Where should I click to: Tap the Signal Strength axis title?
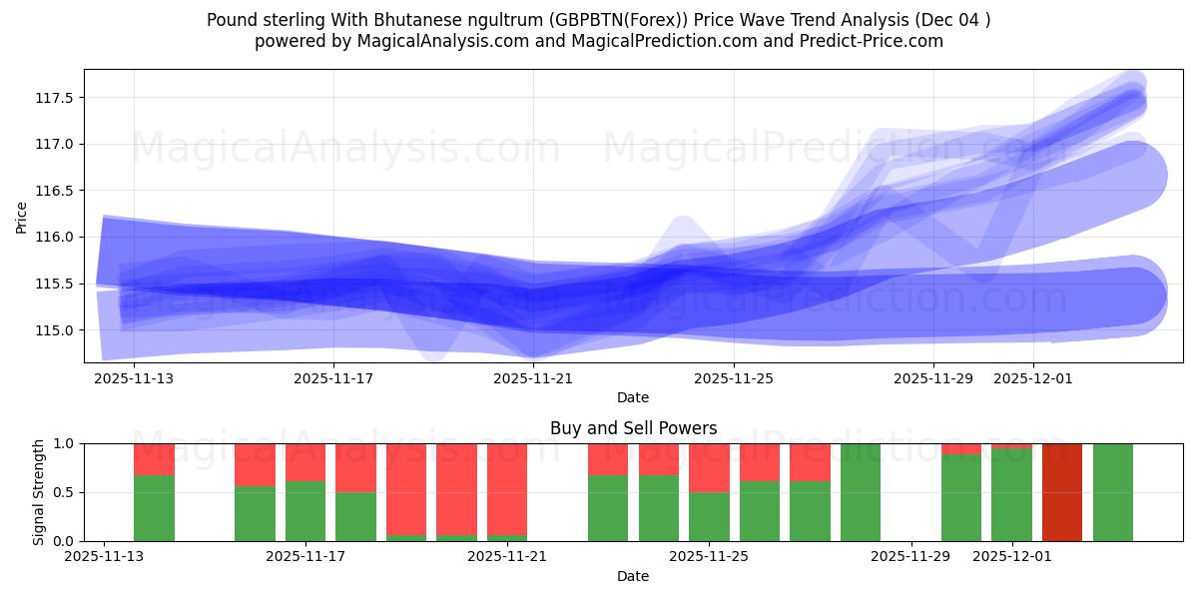39,492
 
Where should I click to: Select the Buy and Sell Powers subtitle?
633,428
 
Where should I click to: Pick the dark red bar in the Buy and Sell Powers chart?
1062,492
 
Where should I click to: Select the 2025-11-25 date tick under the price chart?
734,378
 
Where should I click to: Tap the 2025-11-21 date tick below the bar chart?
508,556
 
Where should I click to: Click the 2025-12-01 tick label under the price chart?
1033,378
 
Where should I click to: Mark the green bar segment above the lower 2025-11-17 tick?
305,511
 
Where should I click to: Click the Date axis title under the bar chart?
633,576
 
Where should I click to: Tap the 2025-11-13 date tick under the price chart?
134,378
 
